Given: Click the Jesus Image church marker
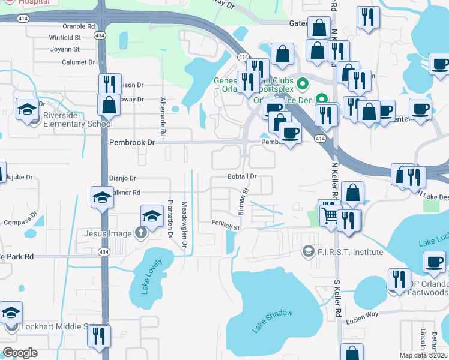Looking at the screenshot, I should (x=141, y=233).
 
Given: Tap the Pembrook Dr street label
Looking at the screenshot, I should (x=132, y=143).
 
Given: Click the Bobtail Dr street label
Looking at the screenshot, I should (x=242, y=176).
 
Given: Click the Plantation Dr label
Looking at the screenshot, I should (x=170, y=220).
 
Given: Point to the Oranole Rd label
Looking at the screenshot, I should (x=79, y=26).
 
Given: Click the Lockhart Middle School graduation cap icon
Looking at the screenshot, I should (x=11, y=313).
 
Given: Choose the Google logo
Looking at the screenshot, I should (x=20, y=353).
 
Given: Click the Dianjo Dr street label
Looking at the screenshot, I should (x=123, y=178).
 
